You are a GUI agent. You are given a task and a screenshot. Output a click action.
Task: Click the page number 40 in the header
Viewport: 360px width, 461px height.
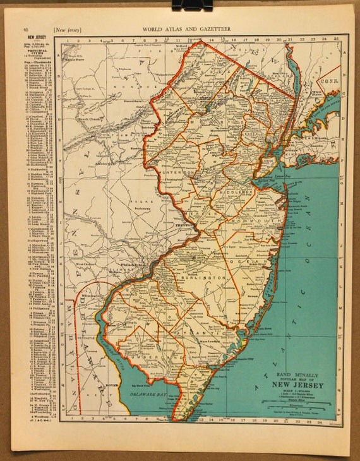click(25, 29)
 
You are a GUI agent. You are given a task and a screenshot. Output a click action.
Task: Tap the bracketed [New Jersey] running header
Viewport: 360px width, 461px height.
click(68, 29)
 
